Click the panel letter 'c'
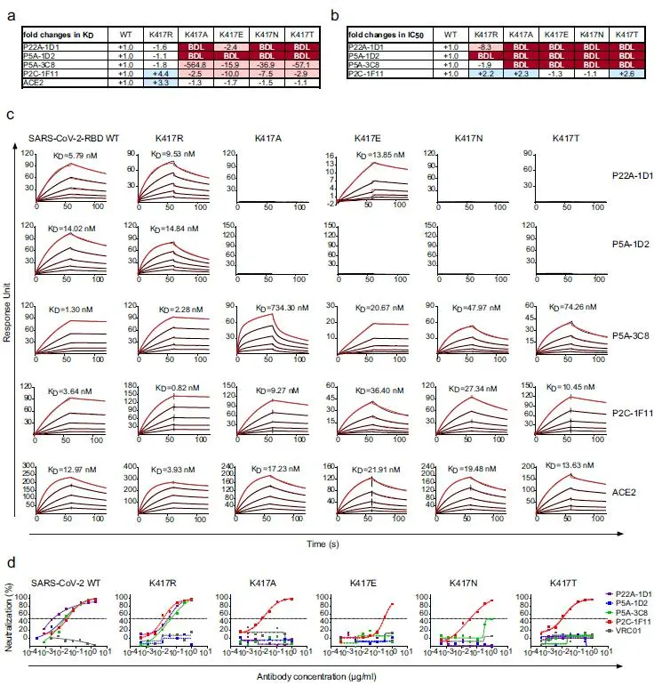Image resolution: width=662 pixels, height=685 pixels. [x=9, y=117]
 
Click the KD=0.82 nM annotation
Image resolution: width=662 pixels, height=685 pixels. [x=175, y=385]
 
